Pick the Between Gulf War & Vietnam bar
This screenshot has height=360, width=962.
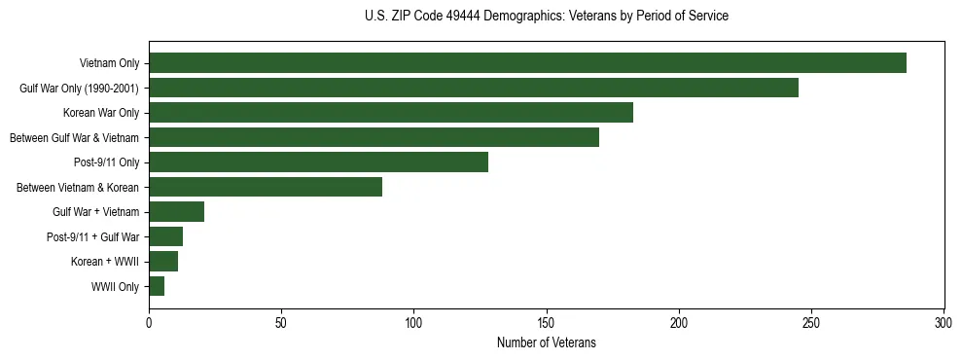pyautogui.click(x=374, y=137)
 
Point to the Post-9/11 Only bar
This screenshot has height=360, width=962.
pyautogui.click(x=318, y=162)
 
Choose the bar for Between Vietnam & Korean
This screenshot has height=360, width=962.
pyautogui.click(x=266, y=187)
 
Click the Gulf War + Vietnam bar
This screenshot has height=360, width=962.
pyautogui.click(x=176, y=212)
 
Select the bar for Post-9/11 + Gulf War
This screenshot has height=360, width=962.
pyautogui.click(x=165, y=236)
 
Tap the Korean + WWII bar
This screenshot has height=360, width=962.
pyautogui.click(x=163, y=262)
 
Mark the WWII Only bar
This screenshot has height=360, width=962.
pyautogui.click(x=157, y=286)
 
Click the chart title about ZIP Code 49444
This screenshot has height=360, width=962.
pyautogui.click(x=546, y=16)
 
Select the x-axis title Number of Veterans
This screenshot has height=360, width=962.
pyautogui.click(x=546, y=342)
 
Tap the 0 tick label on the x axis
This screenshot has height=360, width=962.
pyautogui.click(x=149, y=321)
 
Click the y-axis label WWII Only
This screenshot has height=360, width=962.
pyautogui.click(x=115, y=287)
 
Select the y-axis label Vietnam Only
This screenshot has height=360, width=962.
pyautogui.click(x=109, y=64)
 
